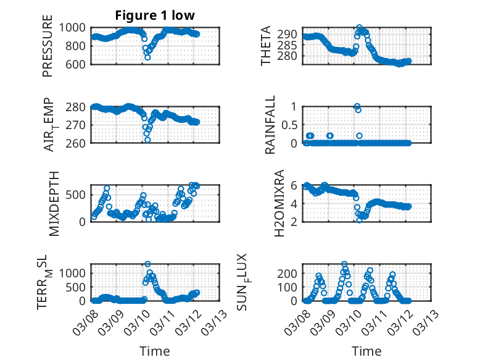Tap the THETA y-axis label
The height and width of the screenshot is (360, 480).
[266, 45]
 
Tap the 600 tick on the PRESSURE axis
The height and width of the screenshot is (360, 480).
[78, 64]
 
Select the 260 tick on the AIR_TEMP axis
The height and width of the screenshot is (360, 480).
[78, 143]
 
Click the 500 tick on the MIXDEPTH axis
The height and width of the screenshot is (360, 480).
[78, 195]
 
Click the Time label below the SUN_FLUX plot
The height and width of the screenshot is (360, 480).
[366, 351]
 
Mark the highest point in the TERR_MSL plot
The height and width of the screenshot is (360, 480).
[147, 264]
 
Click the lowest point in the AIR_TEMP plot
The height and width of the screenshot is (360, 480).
[147, 140]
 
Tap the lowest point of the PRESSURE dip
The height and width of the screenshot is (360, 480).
[147, 57]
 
